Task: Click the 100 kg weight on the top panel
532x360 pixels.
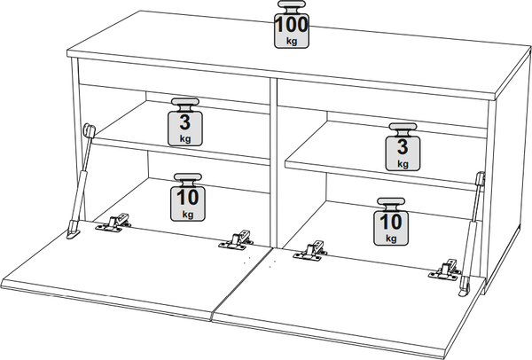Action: (x=292, y=25)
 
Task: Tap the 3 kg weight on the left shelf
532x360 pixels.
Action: (x=185, y=122)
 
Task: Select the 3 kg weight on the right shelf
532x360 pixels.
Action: (x=403, y=147)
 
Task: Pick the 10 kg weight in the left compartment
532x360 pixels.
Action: (x=188, y=198)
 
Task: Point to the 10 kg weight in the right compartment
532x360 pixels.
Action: (x=391, y=222)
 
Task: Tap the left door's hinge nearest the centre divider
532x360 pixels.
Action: (x=236, y=240)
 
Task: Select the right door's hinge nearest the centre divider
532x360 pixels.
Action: (x=311, y=251)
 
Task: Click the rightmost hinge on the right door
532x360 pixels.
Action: (x=445, y=270)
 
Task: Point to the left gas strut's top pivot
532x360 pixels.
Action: (x=89, y=129)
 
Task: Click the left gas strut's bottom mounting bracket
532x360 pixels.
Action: (x=74, y=230)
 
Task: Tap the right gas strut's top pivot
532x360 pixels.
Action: (x=481, y=178)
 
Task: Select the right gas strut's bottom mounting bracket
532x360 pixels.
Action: (x=464, y=287)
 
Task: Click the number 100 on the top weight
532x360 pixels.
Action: (x=292, y=25)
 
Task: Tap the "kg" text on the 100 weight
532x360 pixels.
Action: (x=292, y=42)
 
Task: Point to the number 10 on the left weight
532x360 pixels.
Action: (x=188, y=198)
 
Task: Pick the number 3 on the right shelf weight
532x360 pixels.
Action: (x=403, y=147)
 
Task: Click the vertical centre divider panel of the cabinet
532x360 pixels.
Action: (x=273, y=163)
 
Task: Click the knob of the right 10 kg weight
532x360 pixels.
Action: (x=391, y=204)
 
